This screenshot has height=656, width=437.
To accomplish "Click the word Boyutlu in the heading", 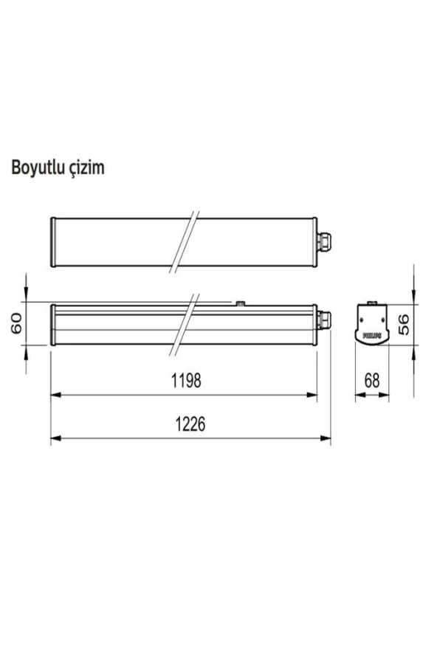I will (x=37, y=168).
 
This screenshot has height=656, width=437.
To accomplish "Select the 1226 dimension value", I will (x=190, y=424).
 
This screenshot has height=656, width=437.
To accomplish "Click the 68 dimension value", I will (x=372, y=381).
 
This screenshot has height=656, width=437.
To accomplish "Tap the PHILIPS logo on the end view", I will (x=372, y=335).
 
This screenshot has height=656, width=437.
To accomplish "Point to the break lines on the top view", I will (x=187, y=242).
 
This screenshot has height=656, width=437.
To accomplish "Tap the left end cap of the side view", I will (x=52, y=324).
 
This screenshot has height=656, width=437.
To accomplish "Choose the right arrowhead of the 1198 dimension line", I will (x=314, y=396).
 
